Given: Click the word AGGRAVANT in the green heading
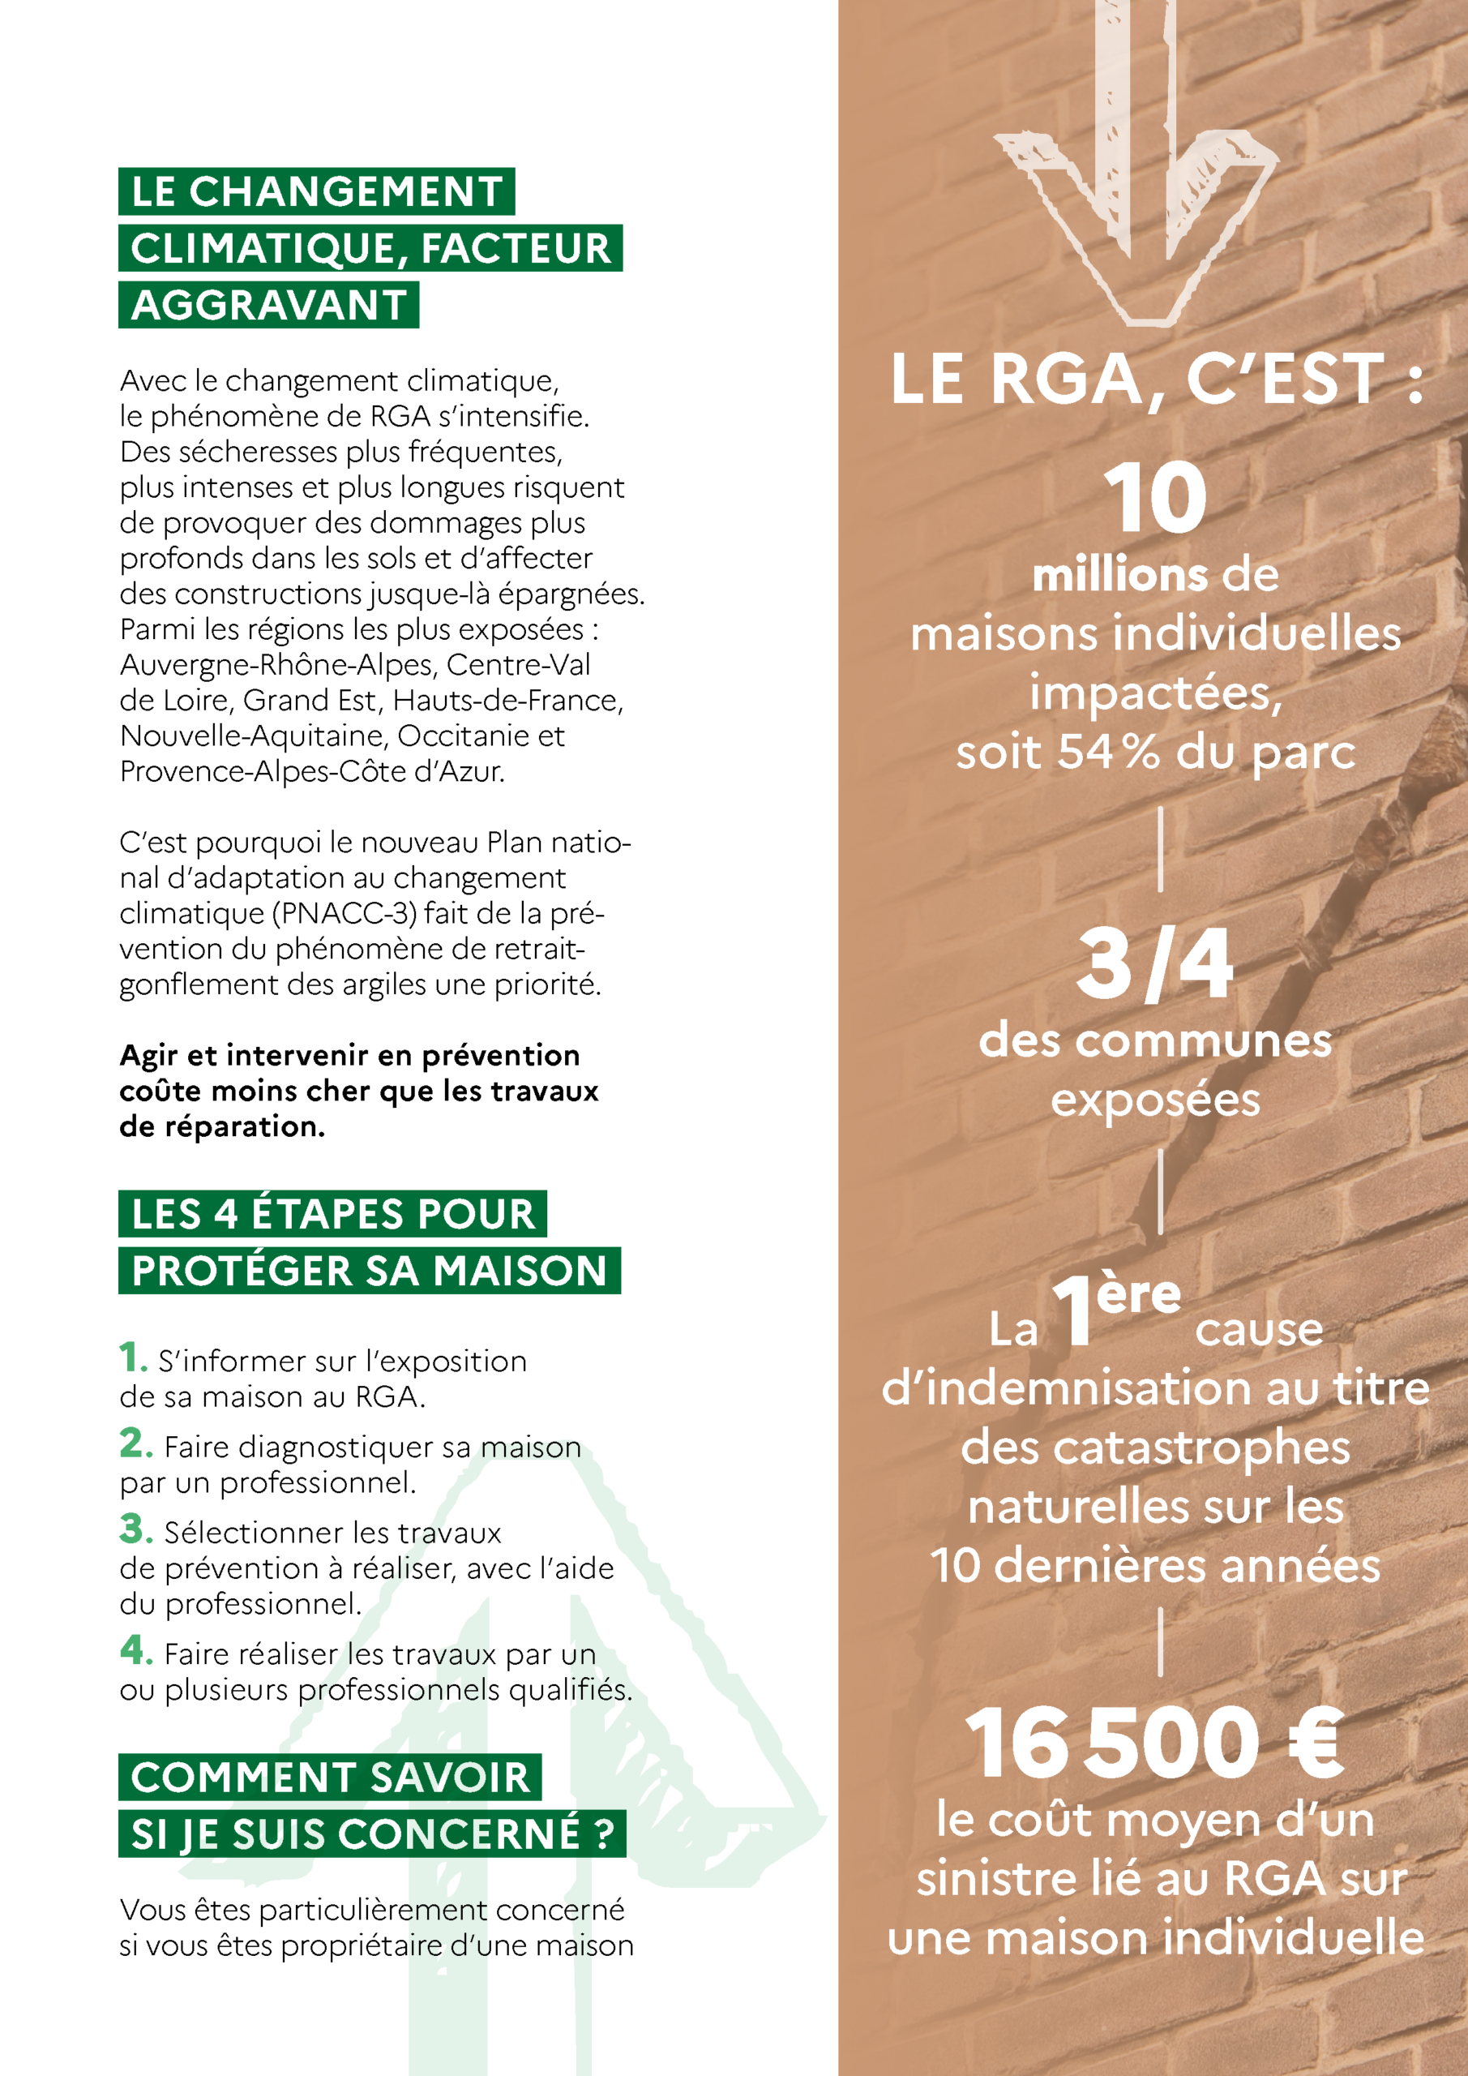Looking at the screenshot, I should coord(268,306).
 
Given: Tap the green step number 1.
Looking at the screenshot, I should coord(131,1358).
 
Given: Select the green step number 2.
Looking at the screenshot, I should coord(135,1443).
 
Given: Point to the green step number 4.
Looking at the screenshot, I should coord(135,1650).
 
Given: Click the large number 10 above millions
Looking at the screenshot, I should coord(1154,498).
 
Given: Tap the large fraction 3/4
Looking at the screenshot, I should coord(1154,966).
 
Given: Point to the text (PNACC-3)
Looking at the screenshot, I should coord(345,913).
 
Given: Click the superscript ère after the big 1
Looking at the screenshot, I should coord(1138,1295).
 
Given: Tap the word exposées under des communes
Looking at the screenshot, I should coord(1154,1100).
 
